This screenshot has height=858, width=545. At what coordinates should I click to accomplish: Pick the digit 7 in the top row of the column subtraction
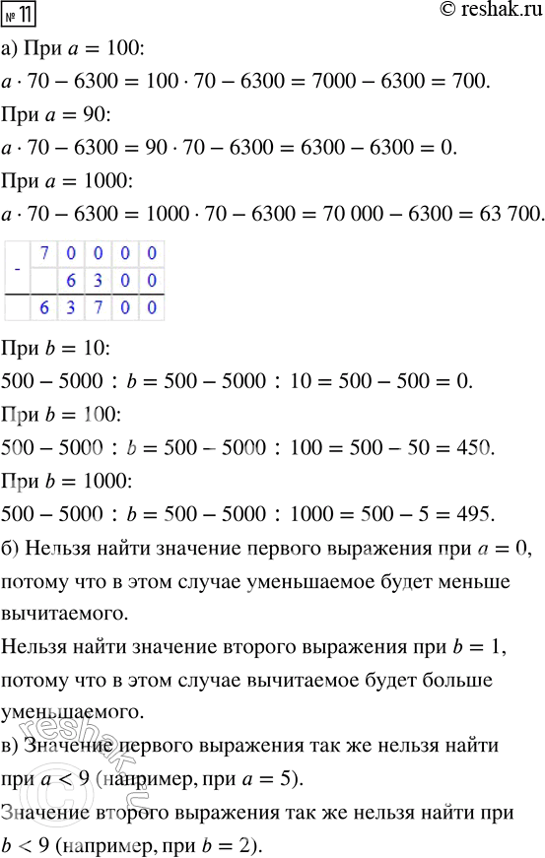point(45,252)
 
